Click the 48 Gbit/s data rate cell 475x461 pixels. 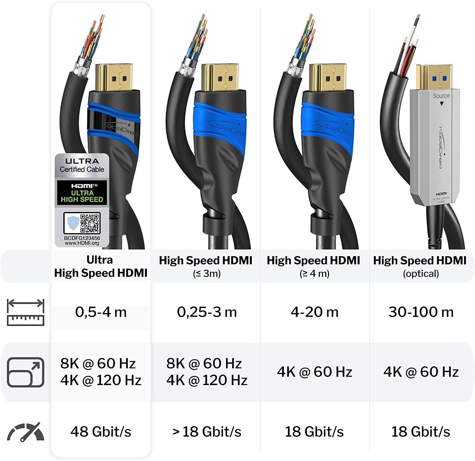click(101, 431)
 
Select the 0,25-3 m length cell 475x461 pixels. click(207, 312)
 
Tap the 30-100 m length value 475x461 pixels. click(421, 312)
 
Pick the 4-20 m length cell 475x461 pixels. click(314, 312)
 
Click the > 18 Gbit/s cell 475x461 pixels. click(207, 431)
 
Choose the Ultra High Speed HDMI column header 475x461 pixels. click(100, 266)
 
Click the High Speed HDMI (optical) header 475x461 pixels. click(420, 267)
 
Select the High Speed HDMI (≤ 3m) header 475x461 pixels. click(206, 267)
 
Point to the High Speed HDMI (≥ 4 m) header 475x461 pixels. click(313, 267)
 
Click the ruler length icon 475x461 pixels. click(26, 312)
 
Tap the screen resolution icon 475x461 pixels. click(26, 372)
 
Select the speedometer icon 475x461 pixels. click(26, 432)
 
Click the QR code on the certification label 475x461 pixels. click(90, 224)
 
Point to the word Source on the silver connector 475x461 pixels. click(441, 95)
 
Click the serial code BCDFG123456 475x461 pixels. click(82, 238)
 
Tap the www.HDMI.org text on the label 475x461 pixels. click(82, 243)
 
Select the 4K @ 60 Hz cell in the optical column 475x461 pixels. click(421, 372)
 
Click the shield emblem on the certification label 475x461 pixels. click(72, 223)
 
